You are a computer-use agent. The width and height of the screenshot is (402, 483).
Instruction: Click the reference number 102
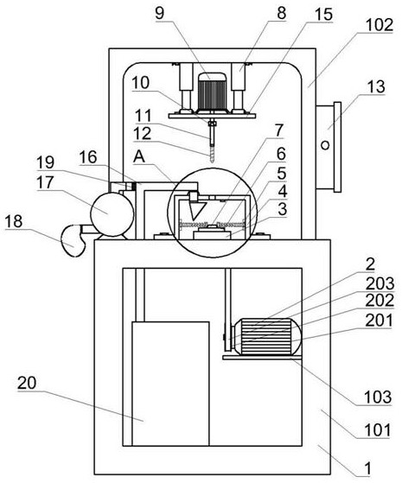380,25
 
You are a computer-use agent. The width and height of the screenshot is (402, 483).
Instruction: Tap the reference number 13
376,87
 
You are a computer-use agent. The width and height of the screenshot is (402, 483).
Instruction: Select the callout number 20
27,383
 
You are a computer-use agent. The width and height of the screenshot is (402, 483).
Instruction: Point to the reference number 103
378,397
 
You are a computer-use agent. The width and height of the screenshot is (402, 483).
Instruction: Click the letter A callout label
139,157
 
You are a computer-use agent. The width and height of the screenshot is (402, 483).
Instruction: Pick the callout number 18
14,221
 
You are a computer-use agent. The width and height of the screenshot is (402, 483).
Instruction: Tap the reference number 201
380,321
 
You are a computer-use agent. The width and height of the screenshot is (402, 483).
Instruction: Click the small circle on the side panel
325,145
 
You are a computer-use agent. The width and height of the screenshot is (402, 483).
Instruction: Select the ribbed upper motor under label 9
212,92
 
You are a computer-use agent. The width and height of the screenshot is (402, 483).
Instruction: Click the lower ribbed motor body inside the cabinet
265,336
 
